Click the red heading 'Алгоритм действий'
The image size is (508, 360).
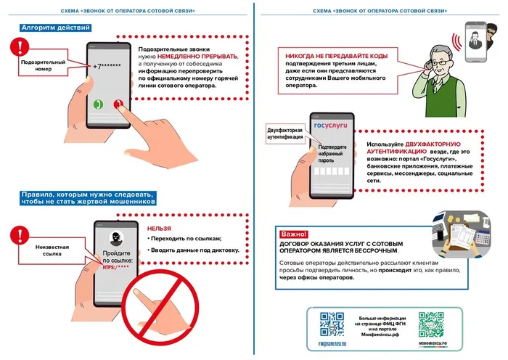click(55, 27)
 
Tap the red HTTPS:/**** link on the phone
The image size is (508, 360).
click(116, 267)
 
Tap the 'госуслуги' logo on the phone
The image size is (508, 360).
click(330, 125)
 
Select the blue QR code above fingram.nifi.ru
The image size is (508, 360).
click(332, 322)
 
